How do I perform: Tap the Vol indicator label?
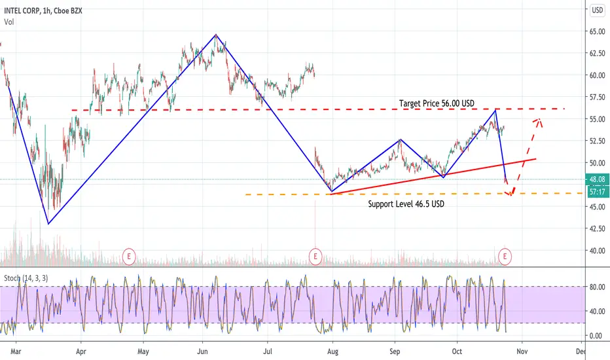coord(9,22)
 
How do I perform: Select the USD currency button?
coord(597,10)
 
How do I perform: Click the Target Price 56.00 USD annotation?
coord(437,103)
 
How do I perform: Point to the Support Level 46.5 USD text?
coord(406,204)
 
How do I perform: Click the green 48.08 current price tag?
coord(597,179)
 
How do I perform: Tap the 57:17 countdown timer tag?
coord(597,192)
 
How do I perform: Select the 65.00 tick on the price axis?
coord(598,31)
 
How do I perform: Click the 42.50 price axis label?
coord(598,229)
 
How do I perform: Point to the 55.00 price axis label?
coord(598,120)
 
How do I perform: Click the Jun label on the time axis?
coord(202,351)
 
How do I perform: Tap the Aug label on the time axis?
coord(332,351)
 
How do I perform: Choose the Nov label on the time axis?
coord(522,351)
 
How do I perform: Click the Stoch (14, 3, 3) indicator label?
coord(26,278)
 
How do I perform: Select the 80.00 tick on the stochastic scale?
coord(598,287)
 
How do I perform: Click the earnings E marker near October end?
coord(505,257)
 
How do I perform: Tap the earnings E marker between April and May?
coord(129,257)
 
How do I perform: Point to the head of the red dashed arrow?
coord(539,119)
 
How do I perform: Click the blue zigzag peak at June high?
coord(216,35)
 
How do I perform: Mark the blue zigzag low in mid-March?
coord(48,224)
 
